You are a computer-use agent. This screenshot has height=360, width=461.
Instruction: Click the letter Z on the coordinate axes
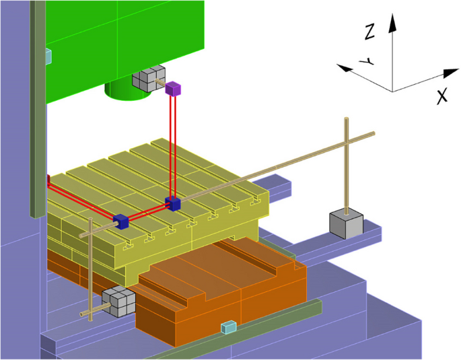click(x=369, y=32)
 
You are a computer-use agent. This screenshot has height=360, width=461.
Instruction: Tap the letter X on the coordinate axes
click(x=442, y=96)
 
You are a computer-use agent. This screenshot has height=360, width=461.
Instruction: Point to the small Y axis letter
click(x=366, y=61)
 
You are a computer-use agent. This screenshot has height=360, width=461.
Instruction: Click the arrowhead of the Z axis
click(x=392, y=22)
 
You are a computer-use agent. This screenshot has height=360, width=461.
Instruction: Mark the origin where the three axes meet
click(x=392, y=92)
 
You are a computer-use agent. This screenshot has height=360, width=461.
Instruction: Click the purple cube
click(x=173, y=88)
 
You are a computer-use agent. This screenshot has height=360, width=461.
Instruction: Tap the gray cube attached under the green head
click(x=149, y=78)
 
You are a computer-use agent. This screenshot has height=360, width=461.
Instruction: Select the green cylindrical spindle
click(x=128, y=91)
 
